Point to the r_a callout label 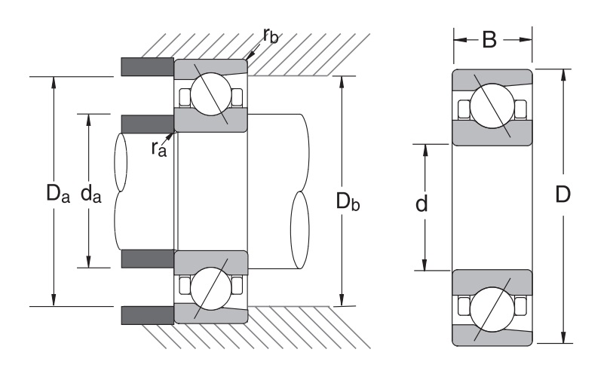[158, 148]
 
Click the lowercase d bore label [422, 204]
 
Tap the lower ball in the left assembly [210, 288]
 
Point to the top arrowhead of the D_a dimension [53, 82]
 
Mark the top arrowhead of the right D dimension [564, 74]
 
